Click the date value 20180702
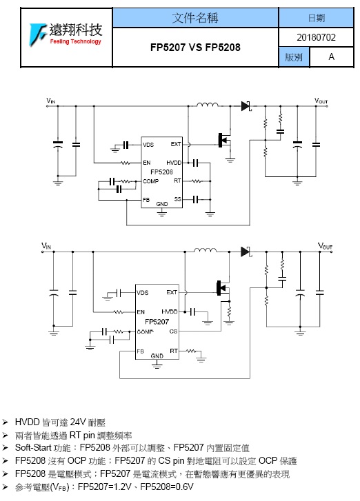tap(316, 37)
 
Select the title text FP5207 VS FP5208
tap(195, 48)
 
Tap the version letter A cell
tap(332, 57)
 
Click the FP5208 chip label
tap(161, 172)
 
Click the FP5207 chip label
tap(157, 321)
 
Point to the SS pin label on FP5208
tap(178, 199)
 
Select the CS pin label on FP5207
tap(173, 331)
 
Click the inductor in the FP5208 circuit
tap(208, 105)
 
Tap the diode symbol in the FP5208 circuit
tap(246, 105)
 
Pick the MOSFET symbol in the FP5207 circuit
tap(223, 288)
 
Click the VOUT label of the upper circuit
tap(321, 101)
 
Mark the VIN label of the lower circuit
tap(46, 246)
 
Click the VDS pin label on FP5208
tap(148, 145)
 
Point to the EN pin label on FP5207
tap(141, 312)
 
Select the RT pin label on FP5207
tap(174, 351)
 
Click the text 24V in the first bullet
tap(79, 422)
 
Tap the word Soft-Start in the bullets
tap(33, 448)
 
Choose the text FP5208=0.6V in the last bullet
tap(167, 487)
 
